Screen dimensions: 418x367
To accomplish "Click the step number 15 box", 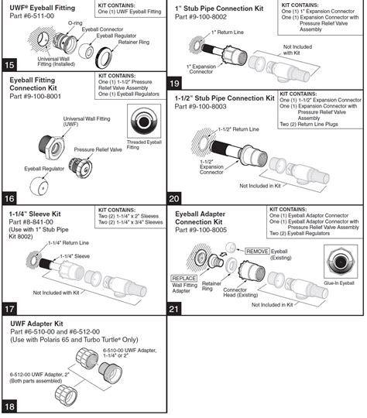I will point(10,64).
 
